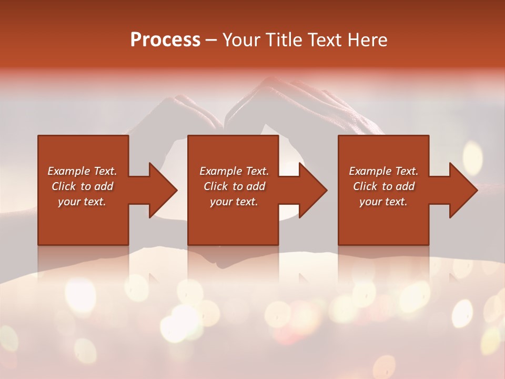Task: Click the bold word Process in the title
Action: [165, 40]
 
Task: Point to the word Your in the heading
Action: [242, 40]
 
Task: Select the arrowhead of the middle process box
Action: [312, 190]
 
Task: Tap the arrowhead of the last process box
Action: [463, 190]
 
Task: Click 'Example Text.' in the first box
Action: [82, 171]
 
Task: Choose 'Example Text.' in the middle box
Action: [234, 171]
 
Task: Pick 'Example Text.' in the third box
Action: [383, 171]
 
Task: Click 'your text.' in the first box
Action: [82, 202]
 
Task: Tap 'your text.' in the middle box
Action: [234, 202]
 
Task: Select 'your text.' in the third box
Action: [383, 202]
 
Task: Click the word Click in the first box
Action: [64, 186]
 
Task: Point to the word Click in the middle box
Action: [216, 186]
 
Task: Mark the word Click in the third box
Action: [365, 186]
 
